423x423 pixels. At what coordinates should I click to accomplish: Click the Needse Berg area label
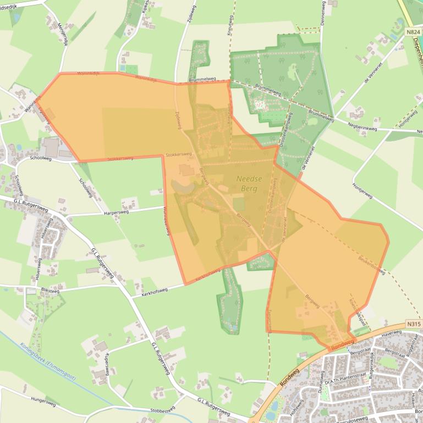249,183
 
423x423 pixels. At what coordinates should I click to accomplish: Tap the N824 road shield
414,32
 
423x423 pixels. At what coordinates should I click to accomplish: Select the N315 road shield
414,324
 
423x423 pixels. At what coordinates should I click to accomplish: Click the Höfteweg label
297,405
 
